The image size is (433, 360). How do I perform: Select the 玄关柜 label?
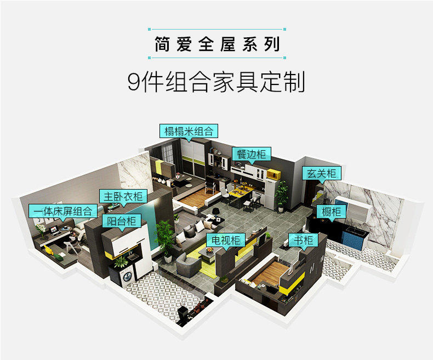pos(322,174)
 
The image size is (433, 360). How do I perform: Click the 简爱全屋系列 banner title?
pos(216,44)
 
